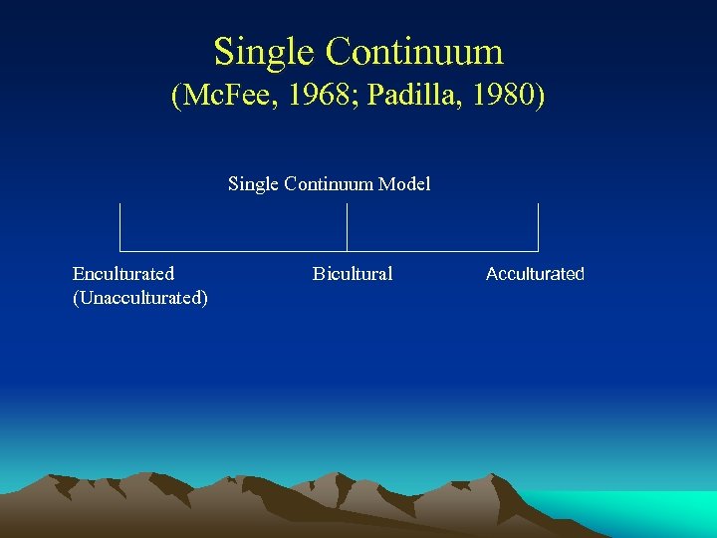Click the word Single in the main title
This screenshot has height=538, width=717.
point(263,51)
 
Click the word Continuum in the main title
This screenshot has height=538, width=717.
point(414,51)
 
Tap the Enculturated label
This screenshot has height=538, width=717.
point(123,274)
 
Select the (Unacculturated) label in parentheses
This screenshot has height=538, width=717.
point(140,298)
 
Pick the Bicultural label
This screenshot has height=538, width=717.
point(353,274)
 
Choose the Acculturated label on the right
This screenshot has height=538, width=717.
point(535,274)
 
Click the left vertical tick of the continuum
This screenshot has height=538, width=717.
point(120,224)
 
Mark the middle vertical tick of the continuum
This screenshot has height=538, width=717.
point(347,224)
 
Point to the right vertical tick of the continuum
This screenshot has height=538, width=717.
point(538,224)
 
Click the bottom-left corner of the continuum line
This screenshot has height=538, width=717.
point(120,250)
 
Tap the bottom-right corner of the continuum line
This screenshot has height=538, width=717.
point(538,250)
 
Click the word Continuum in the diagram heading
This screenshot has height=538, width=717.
point(333,184)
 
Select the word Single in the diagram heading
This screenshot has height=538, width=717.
point(254,184)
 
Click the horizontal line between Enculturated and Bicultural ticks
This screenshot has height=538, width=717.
point(234,250)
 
